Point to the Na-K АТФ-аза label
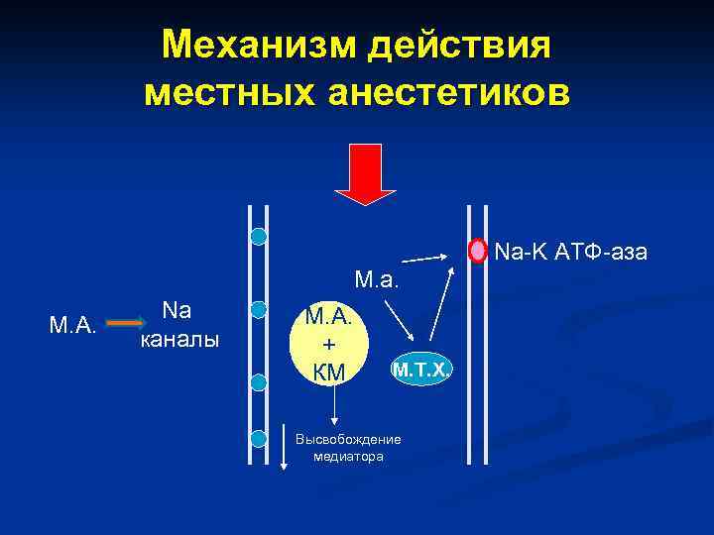570,253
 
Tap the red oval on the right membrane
479,251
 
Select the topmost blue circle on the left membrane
259,236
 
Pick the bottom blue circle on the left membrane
259,439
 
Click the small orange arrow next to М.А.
124,324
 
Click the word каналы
177,340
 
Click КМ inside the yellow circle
327,372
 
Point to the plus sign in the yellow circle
329,345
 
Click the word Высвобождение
348,440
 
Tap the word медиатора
348,457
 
